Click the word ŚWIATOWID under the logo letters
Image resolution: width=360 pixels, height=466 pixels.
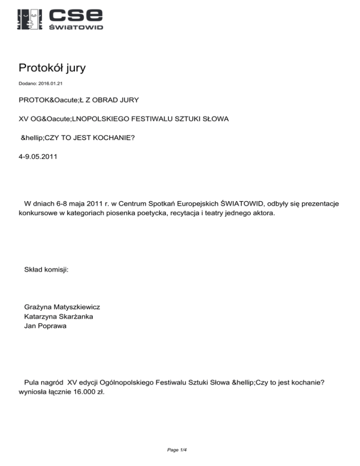[76, 28]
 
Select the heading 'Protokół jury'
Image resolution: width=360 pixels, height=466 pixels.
[52, 68]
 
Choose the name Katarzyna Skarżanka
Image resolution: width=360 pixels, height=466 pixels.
[58, 316]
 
